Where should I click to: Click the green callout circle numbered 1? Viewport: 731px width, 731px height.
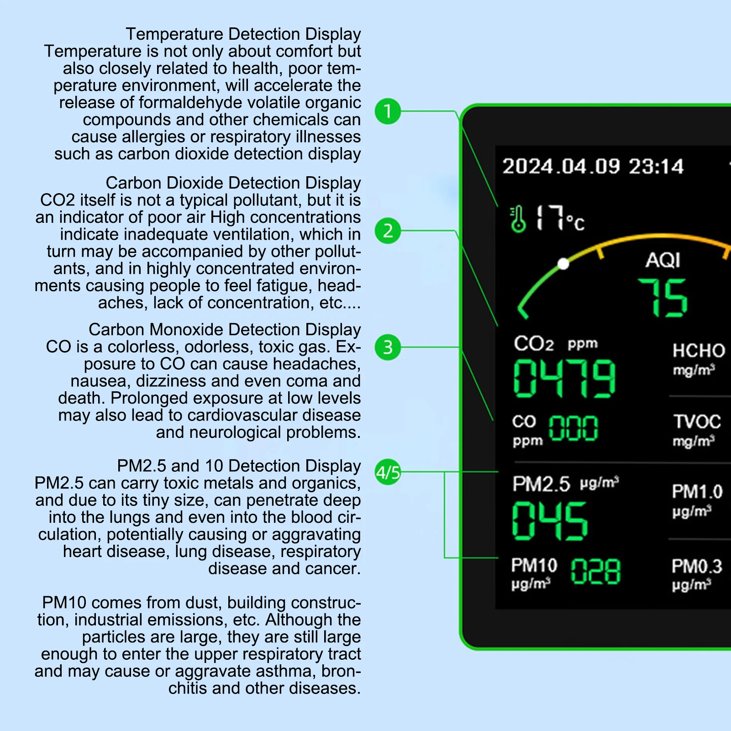(x=388, y=111)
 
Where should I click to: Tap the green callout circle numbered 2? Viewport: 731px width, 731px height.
(x=388, y=231)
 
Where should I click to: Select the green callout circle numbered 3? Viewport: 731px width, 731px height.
(x=388, y=347)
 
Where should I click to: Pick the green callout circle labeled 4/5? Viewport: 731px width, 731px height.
(x=388, y=472)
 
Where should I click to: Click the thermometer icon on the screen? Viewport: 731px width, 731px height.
(x=518, y=219)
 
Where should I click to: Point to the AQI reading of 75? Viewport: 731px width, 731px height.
(x=663, y=298)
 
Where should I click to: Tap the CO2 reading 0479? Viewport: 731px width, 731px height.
(x=564, y=378)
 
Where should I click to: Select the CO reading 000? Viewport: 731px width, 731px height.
(x=573, y=428)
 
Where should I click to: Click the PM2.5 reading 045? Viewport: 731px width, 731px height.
(x=550, y=521)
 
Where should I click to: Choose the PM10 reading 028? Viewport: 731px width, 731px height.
(x=596, y=572)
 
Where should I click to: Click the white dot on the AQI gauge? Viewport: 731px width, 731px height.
(x=563, y=264)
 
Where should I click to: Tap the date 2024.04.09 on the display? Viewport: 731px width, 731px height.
(x=561, y=166)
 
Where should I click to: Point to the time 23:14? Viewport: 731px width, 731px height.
(x=656, y=167)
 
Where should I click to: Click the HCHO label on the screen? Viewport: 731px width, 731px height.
(x=699, y=351)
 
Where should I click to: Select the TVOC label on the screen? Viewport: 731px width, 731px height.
(x=697, y=421)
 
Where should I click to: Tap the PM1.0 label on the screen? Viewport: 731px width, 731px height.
(x=697, y=492)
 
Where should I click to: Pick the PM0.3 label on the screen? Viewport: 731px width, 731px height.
(x=697, y=567)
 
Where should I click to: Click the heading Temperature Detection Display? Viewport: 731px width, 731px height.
(x=243, y=34)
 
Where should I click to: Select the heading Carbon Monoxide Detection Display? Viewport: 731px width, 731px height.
(x=225, y=330)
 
